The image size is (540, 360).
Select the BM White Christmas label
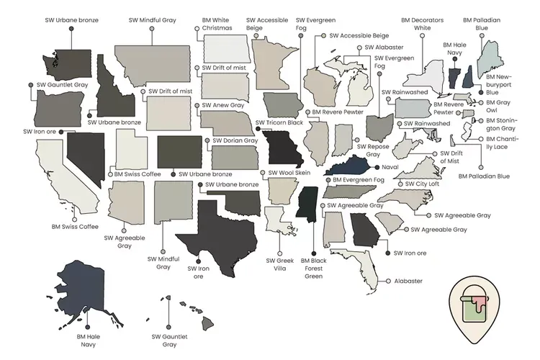pos(217,24)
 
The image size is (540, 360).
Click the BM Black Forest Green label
pos(312,268)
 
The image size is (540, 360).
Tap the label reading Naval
pos(390,167)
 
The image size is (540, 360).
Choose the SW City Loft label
pos(423,184)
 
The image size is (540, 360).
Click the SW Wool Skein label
pos(289,173)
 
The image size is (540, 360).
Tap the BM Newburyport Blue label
pos(498,84)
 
